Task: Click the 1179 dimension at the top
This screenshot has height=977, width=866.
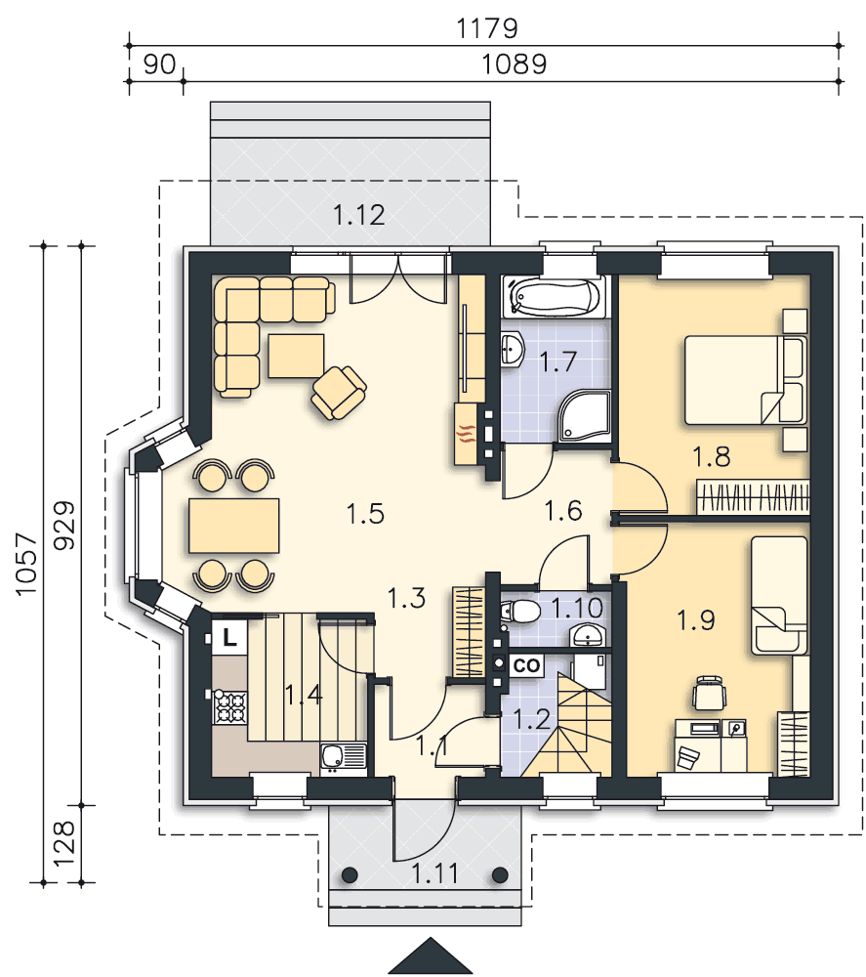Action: [x=487, y=28]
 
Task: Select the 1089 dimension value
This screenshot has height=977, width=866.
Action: [x=515, y=64]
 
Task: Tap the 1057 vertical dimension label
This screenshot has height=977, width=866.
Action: [x=27, y=565]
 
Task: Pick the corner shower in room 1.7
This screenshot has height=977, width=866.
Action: [x=584, y=415]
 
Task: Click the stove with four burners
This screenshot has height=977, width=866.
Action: [x=230, y=707]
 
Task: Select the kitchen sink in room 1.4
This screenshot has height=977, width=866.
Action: [x=344, y=758]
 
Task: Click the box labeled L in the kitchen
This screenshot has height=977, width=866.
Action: [x=229, y=637]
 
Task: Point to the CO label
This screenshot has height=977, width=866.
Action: [x=526, y=665]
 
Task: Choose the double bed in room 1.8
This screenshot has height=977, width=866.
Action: [x=745, y=380]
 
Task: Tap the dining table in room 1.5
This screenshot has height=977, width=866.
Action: [x=233, y=526]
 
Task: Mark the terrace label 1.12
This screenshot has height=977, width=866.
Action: [x=358, y=215]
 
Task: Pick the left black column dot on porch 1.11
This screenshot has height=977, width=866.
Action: [x=350, y=874]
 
